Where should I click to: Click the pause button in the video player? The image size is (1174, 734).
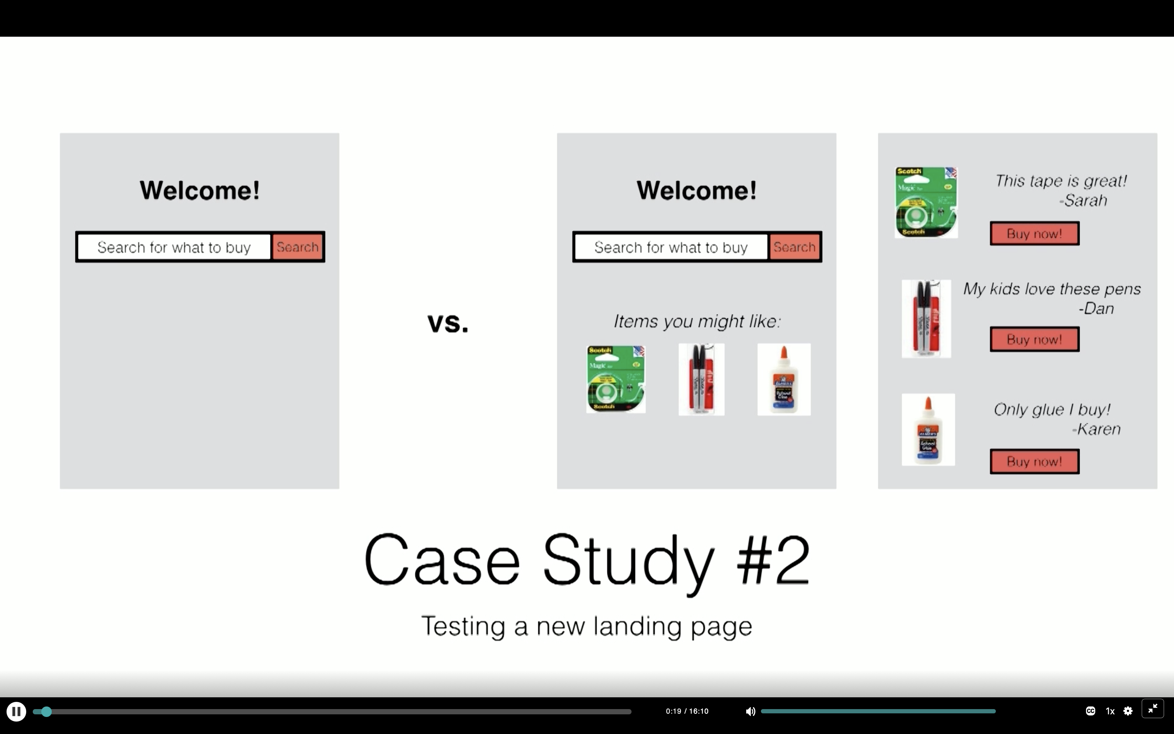click(16, 712)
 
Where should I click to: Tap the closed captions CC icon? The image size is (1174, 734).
click(1090, 711)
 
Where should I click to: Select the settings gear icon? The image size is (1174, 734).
click(1128, 711)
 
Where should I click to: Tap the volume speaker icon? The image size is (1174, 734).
click(750, 712)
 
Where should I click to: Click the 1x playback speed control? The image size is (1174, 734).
click(1110, 711)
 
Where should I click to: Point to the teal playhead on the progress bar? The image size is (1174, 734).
click(46, 712)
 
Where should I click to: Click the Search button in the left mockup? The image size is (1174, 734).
click(297, 247)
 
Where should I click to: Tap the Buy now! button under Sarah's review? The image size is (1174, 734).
click(1034, 234)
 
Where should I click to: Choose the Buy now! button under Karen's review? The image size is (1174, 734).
click(1034, 461)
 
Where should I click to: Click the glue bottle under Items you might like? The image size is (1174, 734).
click(784, 380)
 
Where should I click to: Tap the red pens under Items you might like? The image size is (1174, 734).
click(701, 380)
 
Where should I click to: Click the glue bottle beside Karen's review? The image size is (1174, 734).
click(928, 430)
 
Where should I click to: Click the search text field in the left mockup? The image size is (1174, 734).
click(174, 247)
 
